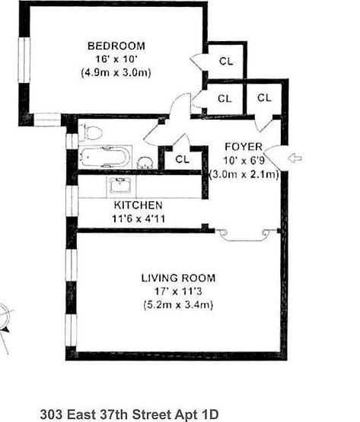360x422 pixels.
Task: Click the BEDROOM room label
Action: [x=116, y=46]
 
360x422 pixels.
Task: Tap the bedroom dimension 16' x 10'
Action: [x=116, y=59]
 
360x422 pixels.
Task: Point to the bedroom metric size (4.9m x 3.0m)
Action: [x=116, y=72]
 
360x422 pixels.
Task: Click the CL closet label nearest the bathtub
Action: [x=182, y=159]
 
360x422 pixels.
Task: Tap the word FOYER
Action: [x=244, y=146]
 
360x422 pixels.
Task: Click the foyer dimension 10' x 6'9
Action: [x=244, y=160]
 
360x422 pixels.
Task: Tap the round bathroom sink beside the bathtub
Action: [x=144, y=161]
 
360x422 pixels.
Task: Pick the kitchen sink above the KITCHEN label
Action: [x=121, y=185]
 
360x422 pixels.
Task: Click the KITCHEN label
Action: [x=138, y=206]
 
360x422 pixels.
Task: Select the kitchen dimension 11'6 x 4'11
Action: [x=138, y=219]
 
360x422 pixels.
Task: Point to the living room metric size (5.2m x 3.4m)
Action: [x=178, y=305]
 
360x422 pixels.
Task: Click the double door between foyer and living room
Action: [x=244, y=235]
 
